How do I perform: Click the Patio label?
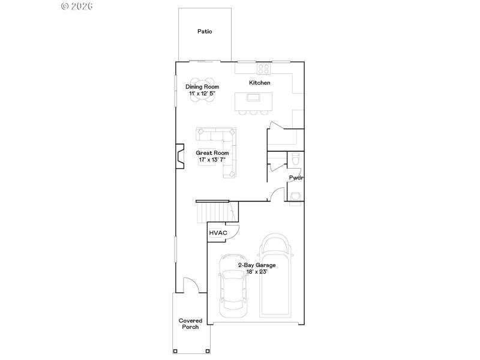click(205, 32)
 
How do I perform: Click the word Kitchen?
click(260, 83)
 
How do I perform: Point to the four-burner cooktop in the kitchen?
click(263, 68)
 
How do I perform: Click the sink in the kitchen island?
click(254, 98)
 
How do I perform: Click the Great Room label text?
click(212, 153)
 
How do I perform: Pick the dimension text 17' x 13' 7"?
click(212, 160)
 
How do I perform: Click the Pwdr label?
click(295, 178)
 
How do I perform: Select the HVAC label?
click(218, 233)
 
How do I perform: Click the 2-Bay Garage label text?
click(257, 265)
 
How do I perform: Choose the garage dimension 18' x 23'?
click(257, 272)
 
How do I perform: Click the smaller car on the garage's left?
click(232, 286)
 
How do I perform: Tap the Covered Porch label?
click(190, 323)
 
